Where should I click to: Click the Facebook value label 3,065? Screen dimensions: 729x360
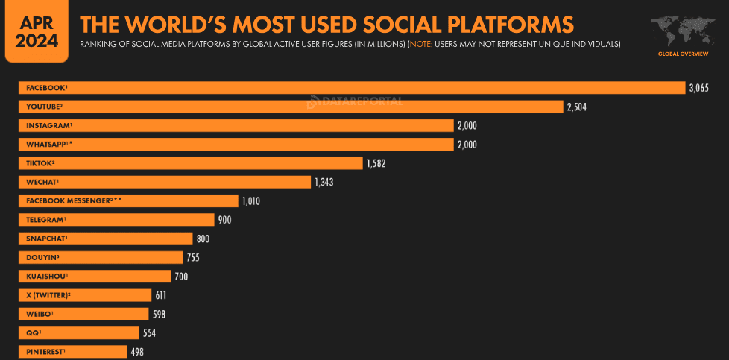coord(698,88)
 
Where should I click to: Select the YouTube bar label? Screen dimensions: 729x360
coord(44,107)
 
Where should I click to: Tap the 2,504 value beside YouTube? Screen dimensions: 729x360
coord(577,107)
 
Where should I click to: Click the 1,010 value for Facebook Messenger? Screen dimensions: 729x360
coord(251,201)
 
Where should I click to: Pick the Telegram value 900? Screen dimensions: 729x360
coord(224,220)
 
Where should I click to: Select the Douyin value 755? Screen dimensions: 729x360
coord(193,258)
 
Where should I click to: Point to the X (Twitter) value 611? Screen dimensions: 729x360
coord(161,295)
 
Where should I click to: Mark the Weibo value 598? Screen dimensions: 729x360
coord(159,315)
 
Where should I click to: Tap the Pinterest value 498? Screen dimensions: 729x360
coord(137,352)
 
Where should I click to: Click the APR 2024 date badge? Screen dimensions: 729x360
coord(37,31)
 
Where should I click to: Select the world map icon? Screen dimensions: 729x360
coord(683,31)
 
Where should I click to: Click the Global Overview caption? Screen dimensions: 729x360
coord(683,54)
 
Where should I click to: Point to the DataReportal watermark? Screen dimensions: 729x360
coord(355,101)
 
